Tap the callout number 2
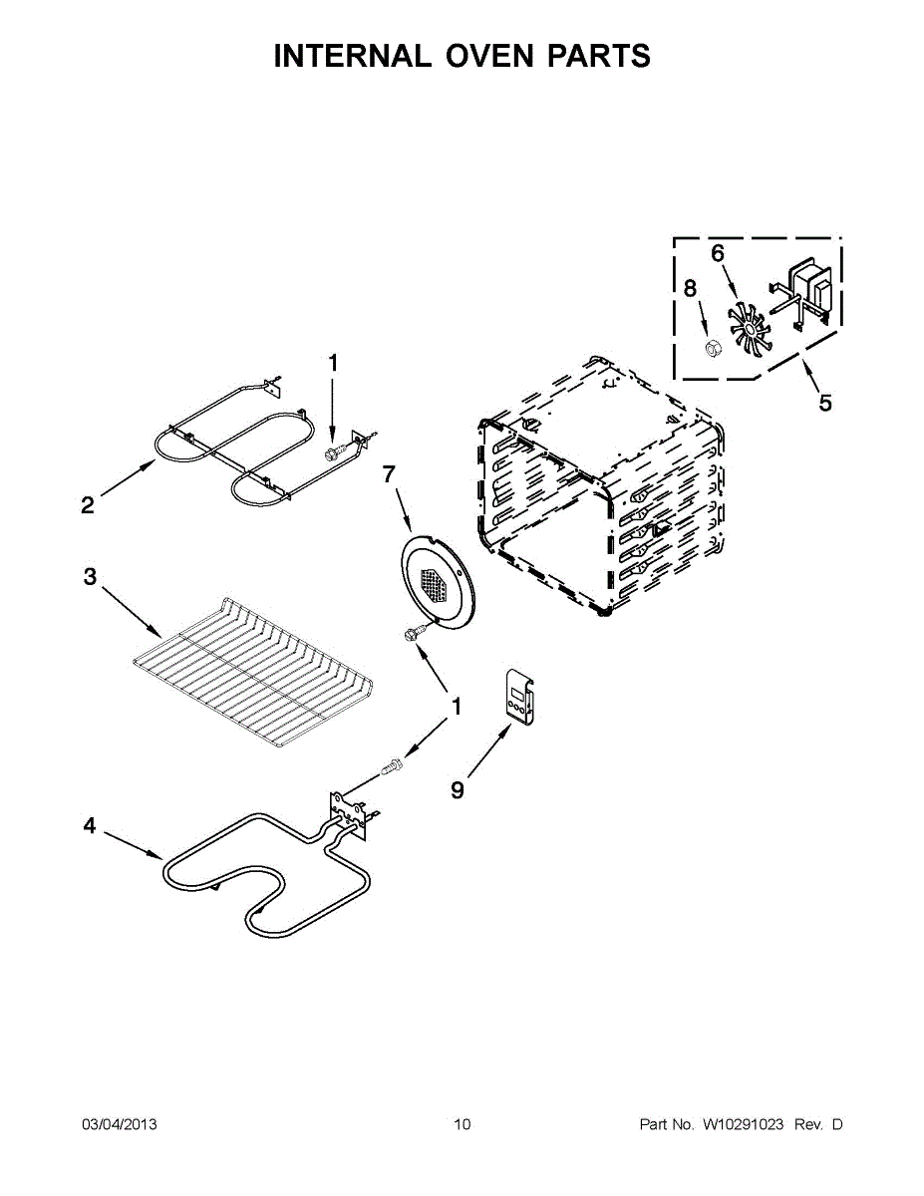pos(88,506)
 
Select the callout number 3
pos(90,577)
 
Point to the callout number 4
pos(90,826)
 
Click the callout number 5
pos(825,404)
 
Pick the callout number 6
pos(718,253)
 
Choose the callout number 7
pos(390,475)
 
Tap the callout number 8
pos(690,289)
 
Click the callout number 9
pos(458,789)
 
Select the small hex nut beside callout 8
pos(713,348)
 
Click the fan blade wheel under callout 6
pos(751,327)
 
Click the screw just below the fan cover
pos(412,634)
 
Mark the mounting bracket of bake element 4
pos(345,808)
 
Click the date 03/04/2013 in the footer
pos(119,1125)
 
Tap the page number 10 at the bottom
pos(462,1125)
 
